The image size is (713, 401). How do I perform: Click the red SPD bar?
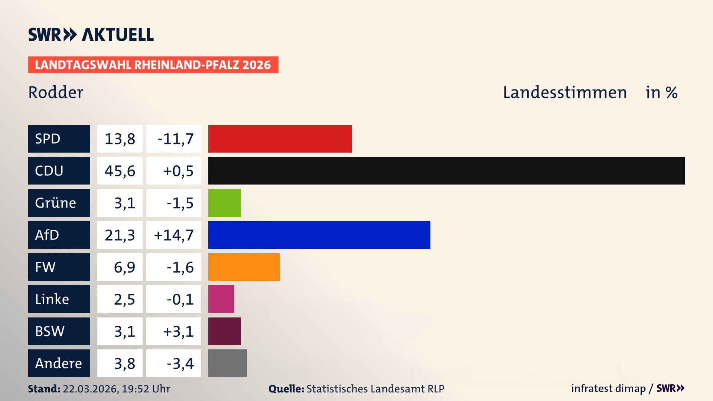point(280,138)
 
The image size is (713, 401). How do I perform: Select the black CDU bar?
point(446,170)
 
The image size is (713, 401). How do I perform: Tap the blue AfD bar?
point(319,235)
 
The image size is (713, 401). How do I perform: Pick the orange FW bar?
point(244,267)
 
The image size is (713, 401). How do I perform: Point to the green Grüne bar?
point(224,203)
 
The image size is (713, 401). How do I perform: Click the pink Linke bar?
point(221,299)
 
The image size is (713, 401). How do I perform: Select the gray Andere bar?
point(228,363)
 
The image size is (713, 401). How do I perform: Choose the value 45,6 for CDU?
point(120,171)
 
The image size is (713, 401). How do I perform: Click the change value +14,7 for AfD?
point(173,235)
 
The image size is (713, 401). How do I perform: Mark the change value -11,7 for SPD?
point(175,139)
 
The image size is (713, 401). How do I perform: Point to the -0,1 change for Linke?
point(180,299)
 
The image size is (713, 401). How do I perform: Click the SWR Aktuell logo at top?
point(91,35)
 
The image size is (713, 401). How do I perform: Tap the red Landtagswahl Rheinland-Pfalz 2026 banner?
point(153,65)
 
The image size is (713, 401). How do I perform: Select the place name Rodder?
point(56,92)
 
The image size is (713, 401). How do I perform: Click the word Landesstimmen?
point(564,92)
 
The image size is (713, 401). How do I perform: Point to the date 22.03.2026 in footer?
point(90,389)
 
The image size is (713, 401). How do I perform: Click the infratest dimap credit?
point(608,388)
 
